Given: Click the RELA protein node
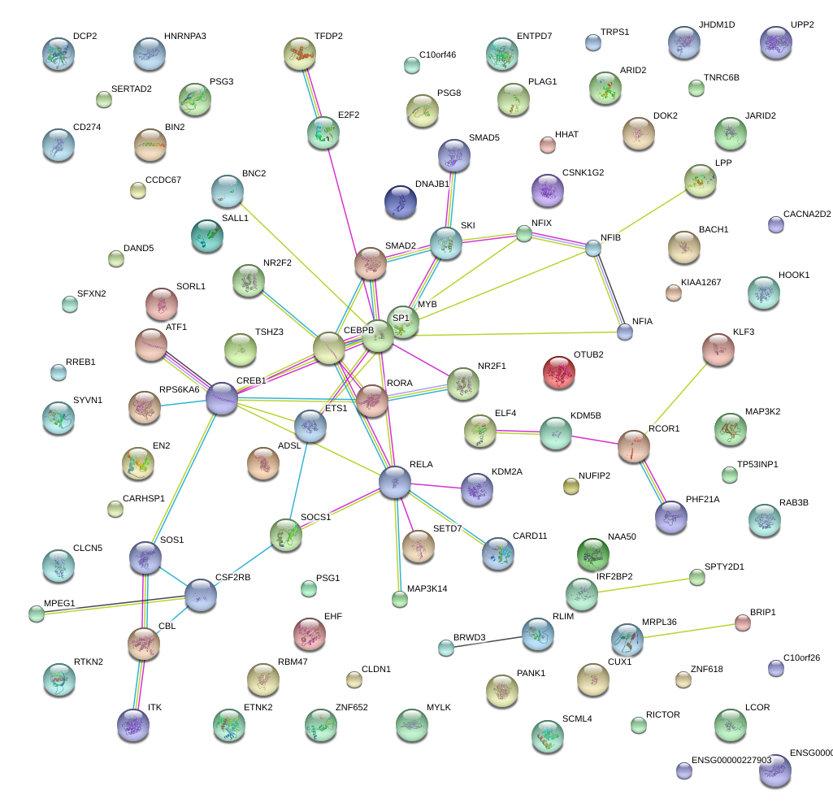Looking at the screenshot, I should pyautogui.click(x=395, y=482).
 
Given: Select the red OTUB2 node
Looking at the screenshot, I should pyautogui.click(x=558, y=371).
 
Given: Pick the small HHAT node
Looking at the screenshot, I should pyautogui.click(x=548, y=145).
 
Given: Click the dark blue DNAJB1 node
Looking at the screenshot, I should pyautogui.click(x=400, y=202).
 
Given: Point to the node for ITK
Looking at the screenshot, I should pyautogui.click(x=133, y=724).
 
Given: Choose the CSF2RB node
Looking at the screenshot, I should pyautogui.click(x=201, y=595).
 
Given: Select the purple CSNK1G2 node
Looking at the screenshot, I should pyautogui.click(x=547, y=190).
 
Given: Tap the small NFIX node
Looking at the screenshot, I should pyautogui.click(x=524, y=234).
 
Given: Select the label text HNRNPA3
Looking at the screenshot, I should pyautogui.click(x=185, y=37).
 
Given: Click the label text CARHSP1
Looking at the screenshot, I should pyautogui.click(x=144, y=498).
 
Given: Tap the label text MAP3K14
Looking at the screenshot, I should pyautogui.click(x=427, y=588).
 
